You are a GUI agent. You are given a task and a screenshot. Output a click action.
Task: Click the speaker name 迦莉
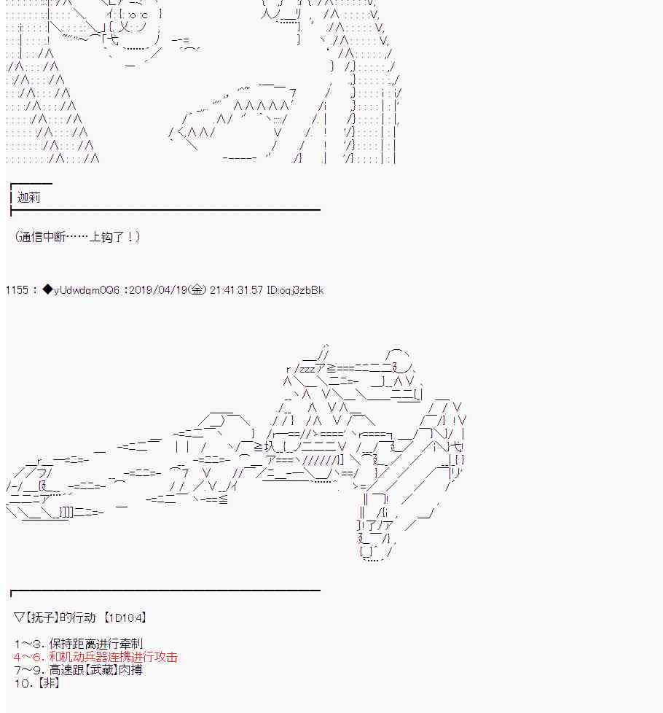[x=29, y=198]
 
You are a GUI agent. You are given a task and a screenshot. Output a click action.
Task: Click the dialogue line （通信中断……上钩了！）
[x=76, y=237]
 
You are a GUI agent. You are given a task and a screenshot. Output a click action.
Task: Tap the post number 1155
[x=17, y=290]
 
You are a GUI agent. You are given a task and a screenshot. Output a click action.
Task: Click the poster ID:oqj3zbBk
[x=295, y=290]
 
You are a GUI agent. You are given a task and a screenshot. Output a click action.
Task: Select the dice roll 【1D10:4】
[x=125, y=617]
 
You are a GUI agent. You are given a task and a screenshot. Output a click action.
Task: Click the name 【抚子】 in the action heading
[x=44, y=617]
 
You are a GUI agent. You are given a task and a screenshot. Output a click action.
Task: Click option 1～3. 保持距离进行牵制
[x=78, y=644]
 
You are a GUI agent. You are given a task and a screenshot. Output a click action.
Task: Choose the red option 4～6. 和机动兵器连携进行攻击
[x=95, y=658]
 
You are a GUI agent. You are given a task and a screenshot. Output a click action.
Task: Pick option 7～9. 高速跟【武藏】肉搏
[x=78, y=670]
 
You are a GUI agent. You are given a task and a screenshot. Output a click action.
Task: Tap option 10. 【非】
[x=36, y=683]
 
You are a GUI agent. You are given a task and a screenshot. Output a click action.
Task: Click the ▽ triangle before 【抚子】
[x=19, y=617]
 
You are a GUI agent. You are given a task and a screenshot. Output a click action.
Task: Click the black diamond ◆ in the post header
[x=48, y=290]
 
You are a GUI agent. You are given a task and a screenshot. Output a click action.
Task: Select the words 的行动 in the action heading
[x=78, y=617]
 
